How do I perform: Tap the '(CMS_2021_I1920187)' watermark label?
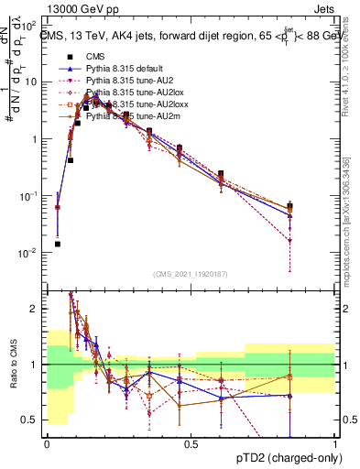[x=191, y=274]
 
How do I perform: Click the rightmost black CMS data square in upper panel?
[x=290, y=207]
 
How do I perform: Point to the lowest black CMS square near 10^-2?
[x=58, y=244]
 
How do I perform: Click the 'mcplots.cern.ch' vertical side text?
[x=351, y=229]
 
